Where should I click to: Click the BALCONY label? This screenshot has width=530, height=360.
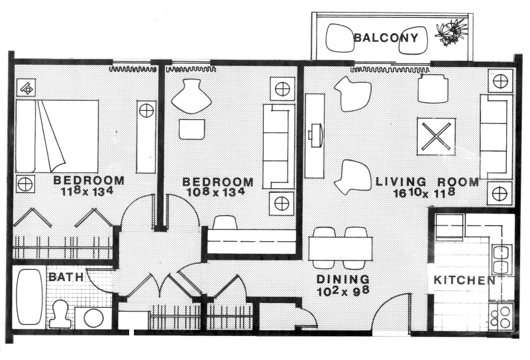click(x=386, y=38)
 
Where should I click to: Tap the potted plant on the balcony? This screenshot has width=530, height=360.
click(x=451, y=31)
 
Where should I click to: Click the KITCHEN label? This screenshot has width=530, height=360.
click(x=464, y=280)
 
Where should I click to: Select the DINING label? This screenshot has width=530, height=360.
click(x=343, y=279)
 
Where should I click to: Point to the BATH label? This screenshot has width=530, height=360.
click(x=66, y=277)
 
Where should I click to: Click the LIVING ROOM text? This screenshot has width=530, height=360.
click(x=427, y=182)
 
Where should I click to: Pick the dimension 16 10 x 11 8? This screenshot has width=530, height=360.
click(x=424, y=193)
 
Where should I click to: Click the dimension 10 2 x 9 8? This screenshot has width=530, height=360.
click(x=343, y=290)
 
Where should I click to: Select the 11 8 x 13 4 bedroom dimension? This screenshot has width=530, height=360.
click(x=87, y=191)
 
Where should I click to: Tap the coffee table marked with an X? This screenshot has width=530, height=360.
click(x=436, y=137)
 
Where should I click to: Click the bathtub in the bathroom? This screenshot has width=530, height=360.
click(x=29, y=297)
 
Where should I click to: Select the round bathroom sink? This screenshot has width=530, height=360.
click(x=93, y=318)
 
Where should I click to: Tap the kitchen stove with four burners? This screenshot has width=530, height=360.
click(x=501, y=316)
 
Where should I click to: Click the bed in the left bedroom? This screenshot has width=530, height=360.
click(x=57, y=136)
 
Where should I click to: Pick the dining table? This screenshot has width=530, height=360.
click(x=341, y=249)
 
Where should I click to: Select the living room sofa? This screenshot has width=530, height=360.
click(x=496, y=137)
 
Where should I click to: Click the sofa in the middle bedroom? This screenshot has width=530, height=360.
click(x=279, y=146)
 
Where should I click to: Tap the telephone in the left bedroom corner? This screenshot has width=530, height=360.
click(x=26, y=89)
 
